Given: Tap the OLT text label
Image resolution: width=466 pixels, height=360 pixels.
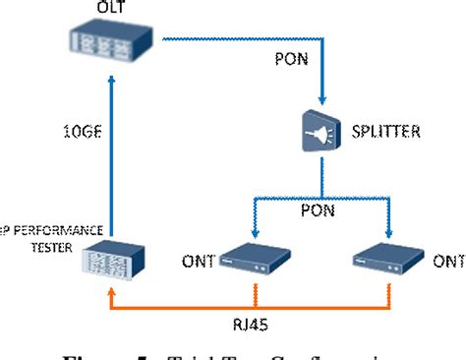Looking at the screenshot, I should [x=110, y=9].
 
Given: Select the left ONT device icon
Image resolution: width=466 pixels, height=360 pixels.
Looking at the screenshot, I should [x=256, y=261].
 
